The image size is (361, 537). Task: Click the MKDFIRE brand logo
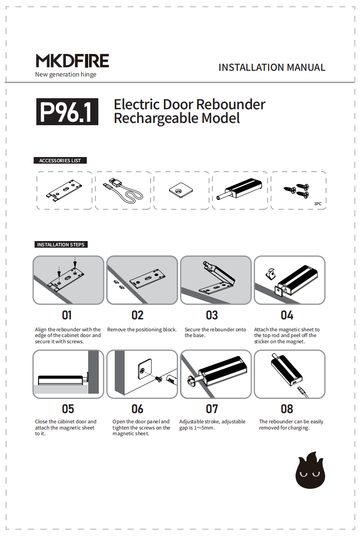pyautogui.click(x=72, y=61)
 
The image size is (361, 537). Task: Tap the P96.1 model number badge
pyautogui.click(x=67, y=112)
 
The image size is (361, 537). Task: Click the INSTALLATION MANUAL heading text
pyautogui.click(x=272, y=68)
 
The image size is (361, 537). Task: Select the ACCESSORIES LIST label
pyautogui.click(x=60, y=161)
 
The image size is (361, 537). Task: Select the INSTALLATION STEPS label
pyautogui.click(x=61, y=245)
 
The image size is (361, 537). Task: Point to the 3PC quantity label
pyautogui.click(x=318, y=204)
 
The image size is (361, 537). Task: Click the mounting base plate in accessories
pyautogui.click(x=64, y=191)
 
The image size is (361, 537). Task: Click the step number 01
pyautogui.click(x=67, y=315)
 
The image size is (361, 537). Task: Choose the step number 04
pyautogui.click(x=287, y=315)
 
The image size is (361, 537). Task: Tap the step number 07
pyautogui.click(x=212, y=409)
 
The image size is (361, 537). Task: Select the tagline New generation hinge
pyautogui.click(x=66, y=74)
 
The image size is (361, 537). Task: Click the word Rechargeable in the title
pyautogui.click(x=156, y=119)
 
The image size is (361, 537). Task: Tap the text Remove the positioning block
pyautogui.click(x=142, y=330)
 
